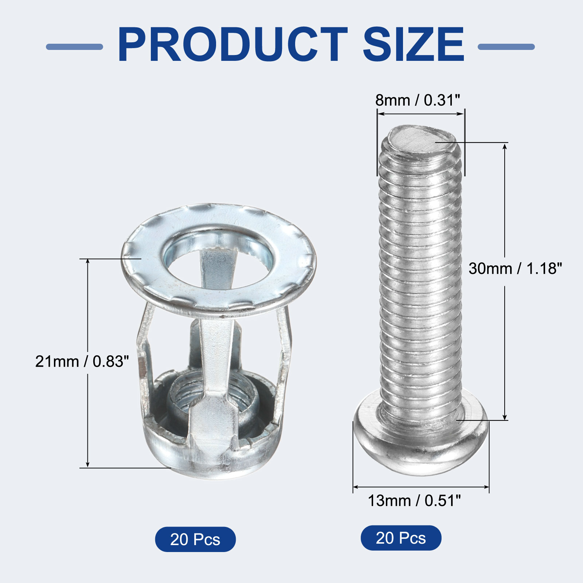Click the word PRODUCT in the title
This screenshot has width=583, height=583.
tap(232, 45)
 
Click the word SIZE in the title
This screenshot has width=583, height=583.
tap(414, 45)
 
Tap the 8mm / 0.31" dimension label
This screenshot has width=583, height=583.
tap(418, 100)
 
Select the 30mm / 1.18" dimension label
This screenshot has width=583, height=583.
tap(515, 269)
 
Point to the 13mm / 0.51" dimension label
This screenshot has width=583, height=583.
tap(414, 501)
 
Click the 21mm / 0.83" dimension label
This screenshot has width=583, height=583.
tap(82, 361)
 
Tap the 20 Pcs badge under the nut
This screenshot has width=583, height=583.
tap(195, 539)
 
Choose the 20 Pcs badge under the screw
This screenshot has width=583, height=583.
tap(401, 538)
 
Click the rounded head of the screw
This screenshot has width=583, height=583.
tap(421, 448)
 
